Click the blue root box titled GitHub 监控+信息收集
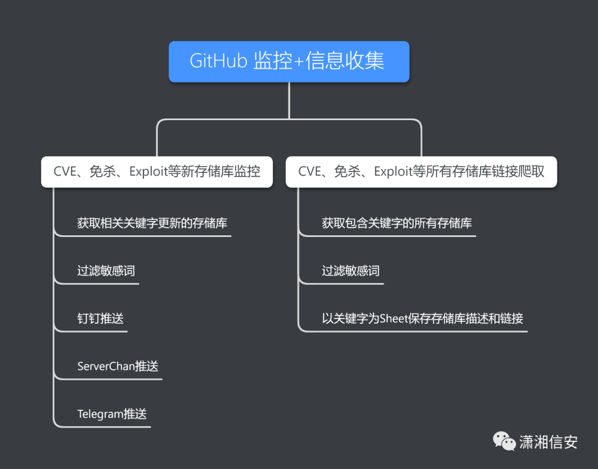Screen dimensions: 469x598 289,61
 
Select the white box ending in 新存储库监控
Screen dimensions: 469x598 157,172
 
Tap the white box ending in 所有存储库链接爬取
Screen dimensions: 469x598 421,172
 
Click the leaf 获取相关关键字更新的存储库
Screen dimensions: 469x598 152,223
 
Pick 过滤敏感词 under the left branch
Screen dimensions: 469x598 106,271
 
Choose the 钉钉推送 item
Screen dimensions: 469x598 100,318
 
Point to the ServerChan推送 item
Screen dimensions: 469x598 118,366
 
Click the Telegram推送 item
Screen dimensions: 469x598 112,414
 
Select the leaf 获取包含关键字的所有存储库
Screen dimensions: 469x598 397,223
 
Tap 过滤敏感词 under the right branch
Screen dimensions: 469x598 350,271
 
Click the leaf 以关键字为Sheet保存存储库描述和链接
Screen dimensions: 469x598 422,318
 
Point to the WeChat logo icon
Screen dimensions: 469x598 504,441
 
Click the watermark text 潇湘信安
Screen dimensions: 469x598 548,442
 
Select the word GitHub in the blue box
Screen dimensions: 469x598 218,61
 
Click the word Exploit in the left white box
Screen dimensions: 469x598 148,172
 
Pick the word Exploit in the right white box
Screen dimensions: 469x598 393,172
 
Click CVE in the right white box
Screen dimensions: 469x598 310,172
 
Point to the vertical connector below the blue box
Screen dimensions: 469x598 289,100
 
